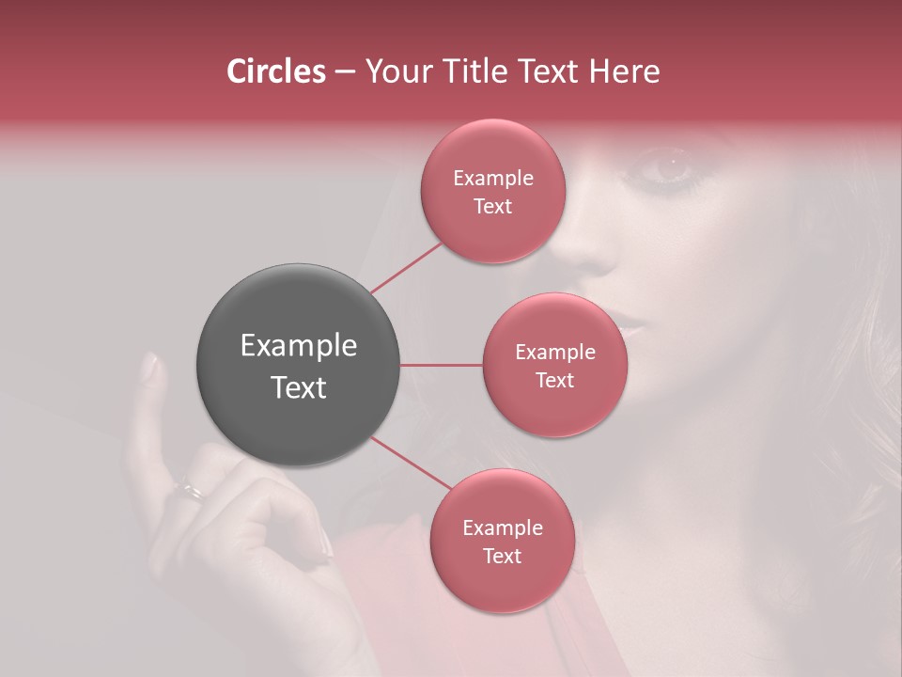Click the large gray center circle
click(x=299, y=365)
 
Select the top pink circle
click(x=492, y=191)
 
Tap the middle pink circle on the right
click(x=554, y=365)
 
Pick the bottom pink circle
click(x=502, y=541)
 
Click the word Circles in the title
click(x=275, y=71)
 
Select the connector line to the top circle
click(x=406, y=268)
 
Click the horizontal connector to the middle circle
click(x=442, y=365)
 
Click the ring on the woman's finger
click(x=190, y=490)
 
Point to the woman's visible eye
click(x=669, y=167)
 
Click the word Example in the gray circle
click(x=299, y=346)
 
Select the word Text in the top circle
click(x=492, y=206)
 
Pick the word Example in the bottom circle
click(x=502, y=527)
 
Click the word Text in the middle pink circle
click(x=554, y=380)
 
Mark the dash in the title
click(x=345, y=71)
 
